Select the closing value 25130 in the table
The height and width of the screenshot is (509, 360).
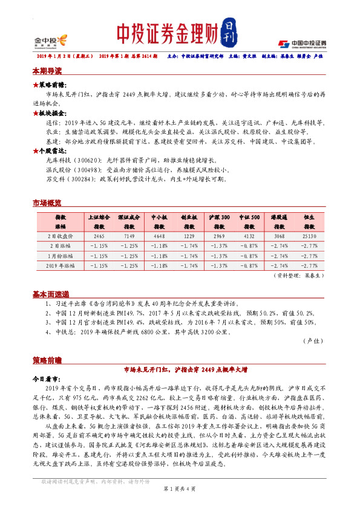pyautogui.click(x=308, y=236)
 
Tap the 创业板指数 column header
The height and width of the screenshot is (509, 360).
pyautogui.click(x=190, y=221)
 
